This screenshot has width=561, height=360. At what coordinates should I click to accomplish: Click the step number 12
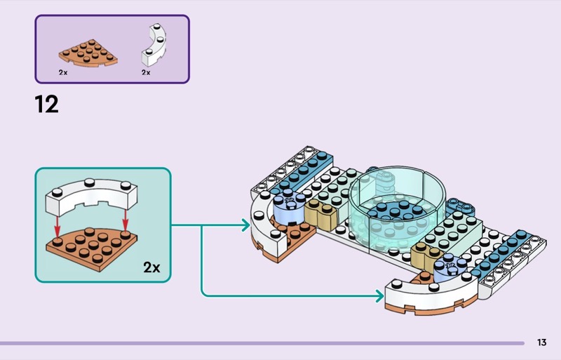coord(46,105)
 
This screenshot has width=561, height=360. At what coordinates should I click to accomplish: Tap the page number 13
coord(541,342)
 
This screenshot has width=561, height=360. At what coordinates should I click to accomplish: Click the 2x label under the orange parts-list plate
coord(63,72)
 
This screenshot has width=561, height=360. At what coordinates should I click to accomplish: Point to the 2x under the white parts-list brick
coord(146,72)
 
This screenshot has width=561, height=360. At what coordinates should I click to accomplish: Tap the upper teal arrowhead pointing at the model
coord(245,226)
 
